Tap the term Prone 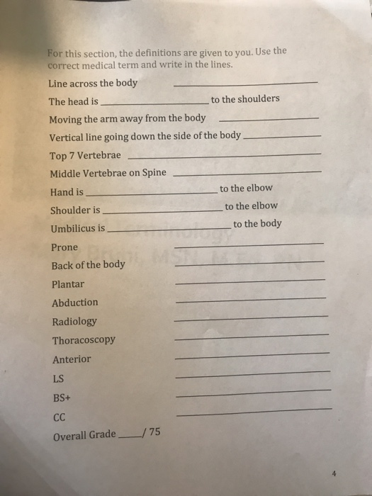(64, 247)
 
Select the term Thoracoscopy (84, 340)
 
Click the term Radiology (74, 321)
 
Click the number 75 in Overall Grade (154, 434)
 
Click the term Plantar (68, 284)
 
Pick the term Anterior (72, 359)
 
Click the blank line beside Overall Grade (129, 439)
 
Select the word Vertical (67, 136)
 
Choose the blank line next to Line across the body (245, 84)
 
